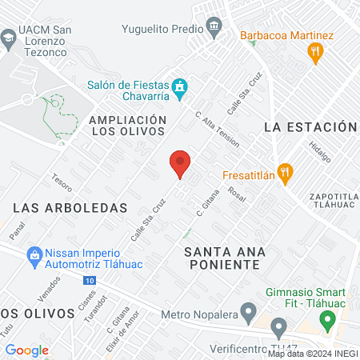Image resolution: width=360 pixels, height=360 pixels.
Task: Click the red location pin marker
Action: pyautogui.click(x=180, y=163)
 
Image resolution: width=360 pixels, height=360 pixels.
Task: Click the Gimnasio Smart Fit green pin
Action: pyautogui.click(x=327, y=321)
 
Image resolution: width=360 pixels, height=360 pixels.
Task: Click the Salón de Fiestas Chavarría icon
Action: pyautogui.click(x=180, y=85)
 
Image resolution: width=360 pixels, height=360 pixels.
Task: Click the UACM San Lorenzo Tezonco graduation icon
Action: pyautogui.click(x=8, y=36)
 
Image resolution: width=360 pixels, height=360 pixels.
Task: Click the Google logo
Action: pyautogui.click(x=26, y=350)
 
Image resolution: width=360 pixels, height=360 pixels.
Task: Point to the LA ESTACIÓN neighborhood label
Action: pyautogui.click(x=309, y=127)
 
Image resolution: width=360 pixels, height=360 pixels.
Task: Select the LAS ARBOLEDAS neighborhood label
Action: pyautogui.click(x=70, y=207)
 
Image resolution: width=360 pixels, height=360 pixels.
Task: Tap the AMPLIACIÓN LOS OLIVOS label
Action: pyautogui.click(x=128, y=126)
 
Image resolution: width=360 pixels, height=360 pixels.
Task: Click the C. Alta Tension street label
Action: pyautogui.click(x=217, y=128)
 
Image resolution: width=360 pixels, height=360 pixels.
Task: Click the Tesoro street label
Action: pyautogui.click(x=62, y=183)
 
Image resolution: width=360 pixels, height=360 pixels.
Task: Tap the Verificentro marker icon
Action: pyautogui.click(x=279, y=327)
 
